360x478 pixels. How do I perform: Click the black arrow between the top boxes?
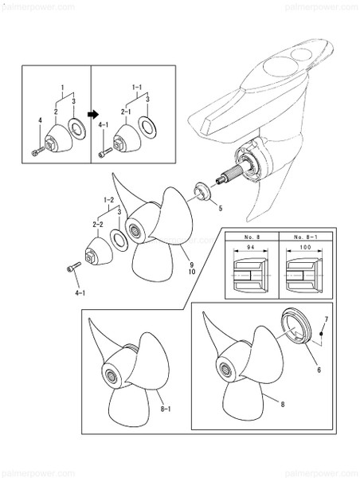point(93,114)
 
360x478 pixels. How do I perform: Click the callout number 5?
point(221,208)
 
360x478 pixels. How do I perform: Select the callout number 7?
point(327,319)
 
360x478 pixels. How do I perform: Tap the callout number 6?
point(319,370)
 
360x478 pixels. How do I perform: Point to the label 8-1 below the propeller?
point(166,409)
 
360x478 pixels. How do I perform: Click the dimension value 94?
point(251,248)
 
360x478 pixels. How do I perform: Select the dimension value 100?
point(305,248)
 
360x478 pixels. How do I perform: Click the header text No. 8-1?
point(306,237)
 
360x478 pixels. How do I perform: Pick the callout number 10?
point(192,272)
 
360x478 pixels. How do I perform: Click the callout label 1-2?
point(109,200)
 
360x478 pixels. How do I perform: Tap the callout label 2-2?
point(98,225)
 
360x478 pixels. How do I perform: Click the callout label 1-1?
point(137,88)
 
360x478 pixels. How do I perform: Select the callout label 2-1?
point(126,112)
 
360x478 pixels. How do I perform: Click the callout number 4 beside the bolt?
point(40,121)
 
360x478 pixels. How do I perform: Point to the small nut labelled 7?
point(321,334)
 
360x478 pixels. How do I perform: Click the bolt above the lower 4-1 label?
point(74,266)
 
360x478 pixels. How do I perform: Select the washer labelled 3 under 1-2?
point(119,240)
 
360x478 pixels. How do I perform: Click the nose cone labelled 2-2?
point(98,251)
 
